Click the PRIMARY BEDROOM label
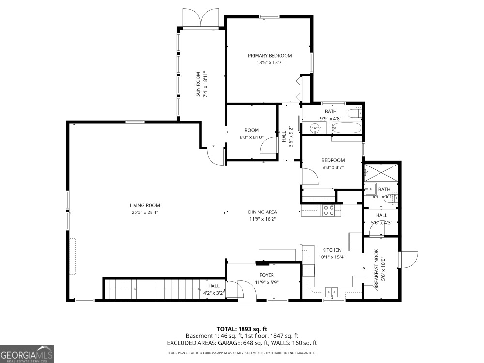(x=270, y=56)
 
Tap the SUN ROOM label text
(x=198, y=84)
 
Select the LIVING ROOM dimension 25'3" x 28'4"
(x=145, y=212)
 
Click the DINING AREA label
(x=262, y=212)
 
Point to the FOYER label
(x=267, y=275)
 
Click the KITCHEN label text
(x=332, y=250)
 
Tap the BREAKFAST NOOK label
(x=376, y=269)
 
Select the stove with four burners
(x=329, y=211)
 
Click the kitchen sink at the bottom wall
(x=332, y=292)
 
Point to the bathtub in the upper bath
(x=346, y=128)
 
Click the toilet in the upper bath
(x=355, y=114)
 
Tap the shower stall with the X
(x=381, y=173)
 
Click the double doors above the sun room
(x=201, y=17)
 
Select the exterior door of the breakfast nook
(x=408, y=260)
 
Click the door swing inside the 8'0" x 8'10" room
(x=269, y=145)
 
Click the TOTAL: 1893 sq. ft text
(x=242, y=329)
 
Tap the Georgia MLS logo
(x=27, y=354)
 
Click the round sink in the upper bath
(x=315, y=127)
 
